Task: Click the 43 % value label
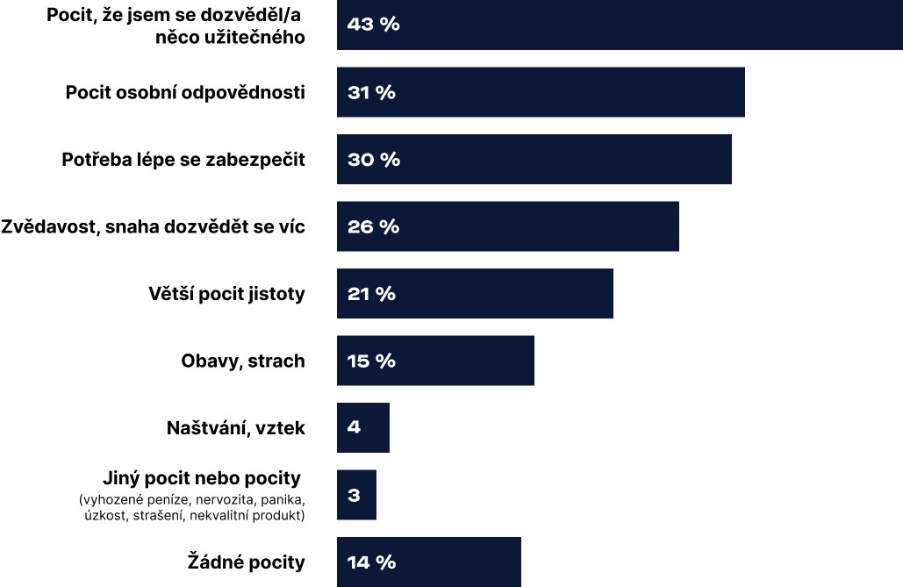pyautogui.click(x=373, y=25)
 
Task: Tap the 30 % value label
pyautogui.click(x=373, y=160)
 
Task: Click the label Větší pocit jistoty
pyautogui.click(x=226, y=293)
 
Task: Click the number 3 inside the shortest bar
pyautogui.click(x=354, y=495)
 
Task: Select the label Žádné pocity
pyautogui.click(x=247, y=562)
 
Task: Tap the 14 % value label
pyautogui.click(x=371, y=562)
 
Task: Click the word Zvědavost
pyautogui.click(x=47, y=226)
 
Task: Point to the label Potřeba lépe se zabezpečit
pyautogui.click(x=183, y=160)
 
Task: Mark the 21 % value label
pyautogui.click(x=371, y=294)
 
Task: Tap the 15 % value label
pyautogui.click(x=371, y=361)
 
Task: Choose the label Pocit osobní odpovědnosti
pyautogui.click(x=185, y=92)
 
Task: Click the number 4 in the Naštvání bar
pyautogui.click(x=354, y=428)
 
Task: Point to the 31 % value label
pyautogui.click(x=371, y=93)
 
